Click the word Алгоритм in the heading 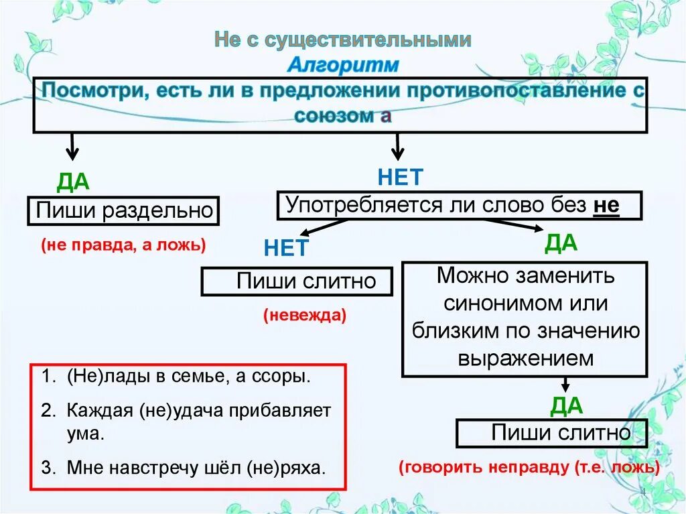343,65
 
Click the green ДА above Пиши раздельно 73,182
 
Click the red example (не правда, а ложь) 123,245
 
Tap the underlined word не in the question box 606,205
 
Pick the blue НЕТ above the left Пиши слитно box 285,249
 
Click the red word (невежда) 305,315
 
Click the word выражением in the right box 526,357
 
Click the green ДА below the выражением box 567,405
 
